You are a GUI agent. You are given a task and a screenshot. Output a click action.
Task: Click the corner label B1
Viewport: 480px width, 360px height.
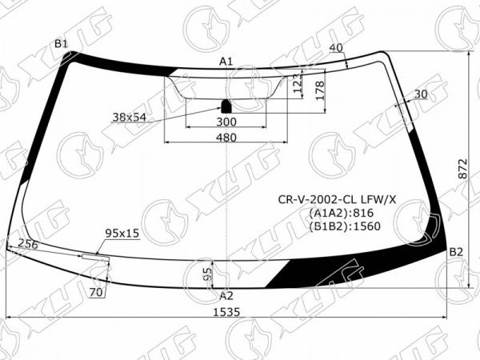pyautogui.click(x=61, y=44)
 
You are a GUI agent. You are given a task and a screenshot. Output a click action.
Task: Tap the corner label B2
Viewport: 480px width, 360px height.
pyautogui.click(x=456, y=252)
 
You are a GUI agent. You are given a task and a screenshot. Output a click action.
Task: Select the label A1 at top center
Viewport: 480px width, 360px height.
pyautogui.click(x=226, y=62)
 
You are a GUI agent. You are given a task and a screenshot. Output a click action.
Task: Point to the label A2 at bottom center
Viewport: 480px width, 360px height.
pyautogui.click(x=226, y=296)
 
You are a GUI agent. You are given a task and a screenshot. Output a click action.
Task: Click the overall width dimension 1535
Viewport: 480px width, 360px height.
pyautogui.click(x=226, y=312)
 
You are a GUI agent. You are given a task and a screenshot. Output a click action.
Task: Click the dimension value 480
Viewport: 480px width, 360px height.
pyautogui.click(x=226, y=138)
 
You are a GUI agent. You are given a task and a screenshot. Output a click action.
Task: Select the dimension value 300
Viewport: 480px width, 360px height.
pyautogui.click(x=226, y=122)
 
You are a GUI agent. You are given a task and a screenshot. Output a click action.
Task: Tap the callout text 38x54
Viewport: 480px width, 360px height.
pyautogui.click(x=130, y=118)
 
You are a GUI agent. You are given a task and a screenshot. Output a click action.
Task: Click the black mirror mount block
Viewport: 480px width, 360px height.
pyautogui.click(x=226, y=106)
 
